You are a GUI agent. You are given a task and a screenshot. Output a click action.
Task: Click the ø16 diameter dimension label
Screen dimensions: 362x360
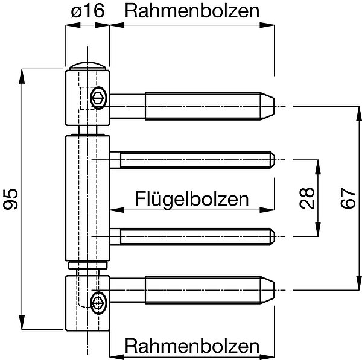87,11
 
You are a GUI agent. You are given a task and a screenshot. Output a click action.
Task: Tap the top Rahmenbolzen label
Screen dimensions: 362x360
192,11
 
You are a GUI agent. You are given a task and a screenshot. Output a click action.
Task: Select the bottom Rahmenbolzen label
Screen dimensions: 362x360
192,346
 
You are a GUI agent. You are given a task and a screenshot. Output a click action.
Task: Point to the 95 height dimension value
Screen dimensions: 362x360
10,199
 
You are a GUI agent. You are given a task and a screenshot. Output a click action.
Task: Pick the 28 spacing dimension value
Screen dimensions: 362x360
307,198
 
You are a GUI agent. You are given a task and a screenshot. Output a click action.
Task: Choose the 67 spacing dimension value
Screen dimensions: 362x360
348,198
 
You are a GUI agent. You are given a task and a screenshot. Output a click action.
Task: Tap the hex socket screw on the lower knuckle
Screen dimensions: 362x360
98,303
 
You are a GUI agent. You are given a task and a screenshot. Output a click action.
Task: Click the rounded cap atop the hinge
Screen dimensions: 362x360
87,66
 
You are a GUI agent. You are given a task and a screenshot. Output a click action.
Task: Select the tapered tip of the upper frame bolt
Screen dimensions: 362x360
268,106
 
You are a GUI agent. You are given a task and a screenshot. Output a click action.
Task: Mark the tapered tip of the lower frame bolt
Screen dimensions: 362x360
268,290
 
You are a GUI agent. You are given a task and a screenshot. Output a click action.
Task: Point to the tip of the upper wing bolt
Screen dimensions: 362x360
273,160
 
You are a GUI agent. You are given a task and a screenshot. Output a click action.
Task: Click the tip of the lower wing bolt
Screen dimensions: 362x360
273,237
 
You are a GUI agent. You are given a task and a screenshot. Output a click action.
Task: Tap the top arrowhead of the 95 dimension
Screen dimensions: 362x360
22,76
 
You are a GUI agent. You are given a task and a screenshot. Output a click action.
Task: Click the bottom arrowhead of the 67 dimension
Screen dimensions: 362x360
359,283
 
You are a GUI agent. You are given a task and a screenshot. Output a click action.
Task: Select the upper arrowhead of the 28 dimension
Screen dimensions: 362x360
318,167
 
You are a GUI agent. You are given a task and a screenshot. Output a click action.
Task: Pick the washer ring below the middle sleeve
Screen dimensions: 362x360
87,265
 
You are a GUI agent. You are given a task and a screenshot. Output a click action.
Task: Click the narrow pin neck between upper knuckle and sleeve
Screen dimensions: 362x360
87,130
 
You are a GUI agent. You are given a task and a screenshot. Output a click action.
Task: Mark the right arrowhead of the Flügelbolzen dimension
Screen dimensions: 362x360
267,210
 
